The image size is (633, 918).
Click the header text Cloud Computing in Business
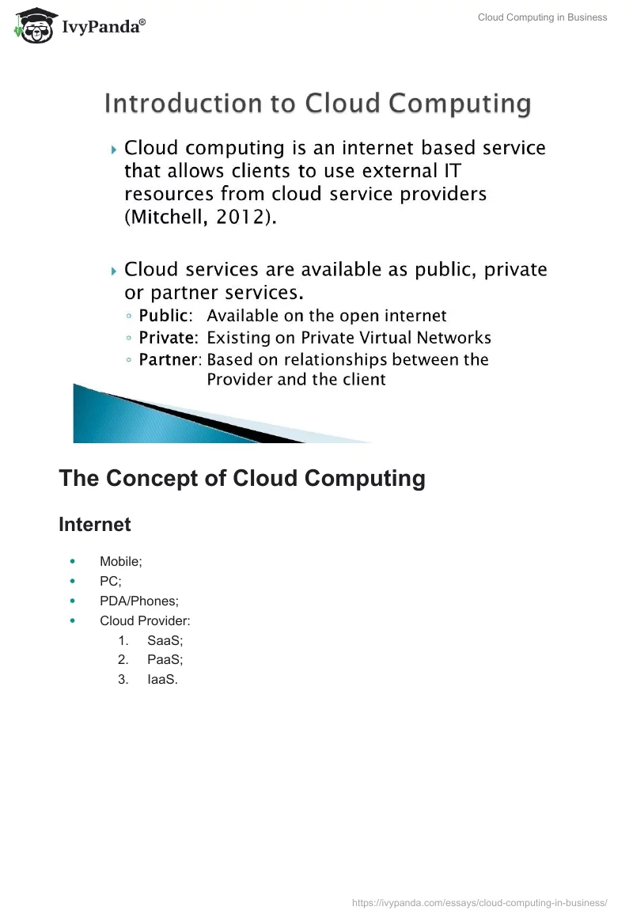(542, 17)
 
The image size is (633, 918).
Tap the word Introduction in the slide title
(184, 103)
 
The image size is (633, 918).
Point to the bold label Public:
(165, 316)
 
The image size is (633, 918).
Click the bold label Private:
(169, 338)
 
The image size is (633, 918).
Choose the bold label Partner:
(170, 359)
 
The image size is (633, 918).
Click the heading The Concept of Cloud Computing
(242, 478)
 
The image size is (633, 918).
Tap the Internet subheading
(95, 524)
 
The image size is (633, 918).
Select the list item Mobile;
(120, 561)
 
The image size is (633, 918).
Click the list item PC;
(111, 582)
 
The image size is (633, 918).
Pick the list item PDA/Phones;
(139, 601)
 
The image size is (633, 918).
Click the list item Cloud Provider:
(146, 620)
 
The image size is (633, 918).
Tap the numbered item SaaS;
(165, 640)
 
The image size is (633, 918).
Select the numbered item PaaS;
(165, 660)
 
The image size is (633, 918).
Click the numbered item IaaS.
(163, 679)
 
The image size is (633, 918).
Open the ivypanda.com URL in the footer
(479, 903)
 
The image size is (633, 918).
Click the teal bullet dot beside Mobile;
(73, 561)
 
